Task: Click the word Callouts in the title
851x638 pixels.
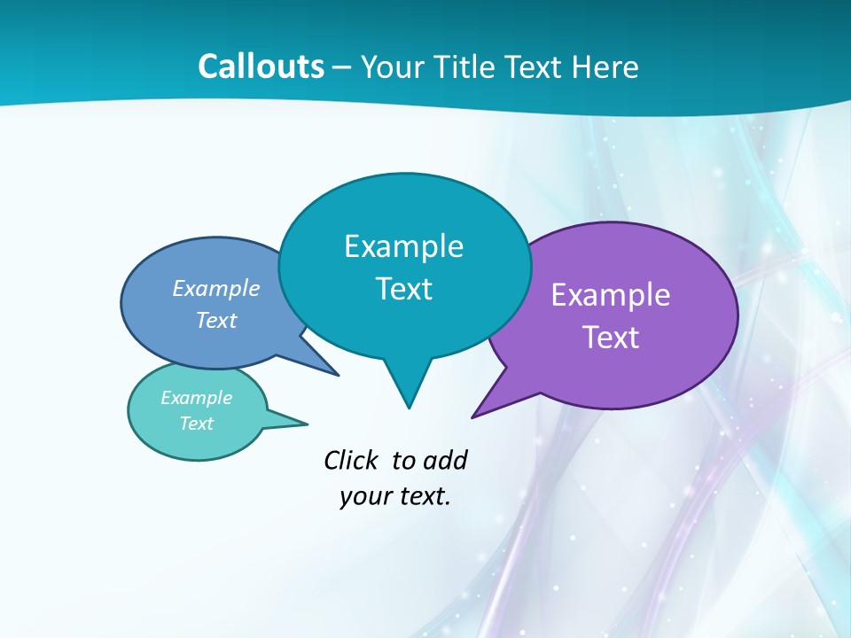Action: (x=261, y=66)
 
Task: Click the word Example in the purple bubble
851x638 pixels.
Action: (x=611, y=295)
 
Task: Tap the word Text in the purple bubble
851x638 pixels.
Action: (x=611, y=338)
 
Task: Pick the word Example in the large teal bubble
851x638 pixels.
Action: (x=403, y=246)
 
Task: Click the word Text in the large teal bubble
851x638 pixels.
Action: (x=404, y=289)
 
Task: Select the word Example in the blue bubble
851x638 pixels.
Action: (x=216, y=288)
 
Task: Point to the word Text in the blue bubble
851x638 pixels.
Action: (x=216, y=320)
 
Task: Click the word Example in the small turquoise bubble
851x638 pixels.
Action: (x=197, y=398)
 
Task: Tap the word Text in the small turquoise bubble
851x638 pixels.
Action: (x=197, y=424)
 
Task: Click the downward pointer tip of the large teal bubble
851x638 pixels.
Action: (x=409, y=407)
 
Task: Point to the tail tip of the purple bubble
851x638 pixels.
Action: (x=473, y=416)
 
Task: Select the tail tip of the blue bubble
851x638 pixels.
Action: (x=338, y=375)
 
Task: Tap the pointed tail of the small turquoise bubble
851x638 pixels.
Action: (x=306, y=423)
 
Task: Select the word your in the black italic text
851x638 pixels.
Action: (x=362, y=496)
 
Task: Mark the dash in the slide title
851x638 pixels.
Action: (x=342, y=67)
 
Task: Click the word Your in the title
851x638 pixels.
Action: (x=391, y=66)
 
